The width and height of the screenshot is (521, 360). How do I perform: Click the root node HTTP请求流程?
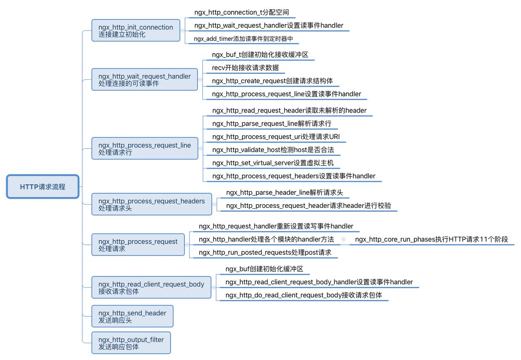(x=43, y=187)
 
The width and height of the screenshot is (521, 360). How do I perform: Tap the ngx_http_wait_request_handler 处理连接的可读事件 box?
(x=145, y=79)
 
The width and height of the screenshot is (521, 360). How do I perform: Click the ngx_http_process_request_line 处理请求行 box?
(x=145, y=148)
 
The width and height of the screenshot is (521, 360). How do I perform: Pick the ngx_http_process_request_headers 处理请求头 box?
(x=152, y=204)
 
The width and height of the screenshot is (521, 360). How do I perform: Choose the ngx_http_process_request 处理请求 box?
(x=138, y=244)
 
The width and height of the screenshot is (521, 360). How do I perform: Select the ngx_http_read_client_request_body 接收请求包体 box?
(x=151, y=287)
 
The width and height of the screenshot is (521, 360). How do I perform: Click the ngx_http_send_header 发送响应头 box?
(x=132, y=316)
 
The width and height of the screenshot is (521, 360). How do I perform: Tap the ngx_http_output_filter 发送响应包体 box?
(x=131, y=343)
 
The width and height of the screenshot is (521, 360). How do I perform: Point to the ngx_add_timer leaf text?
(x=243, y=39)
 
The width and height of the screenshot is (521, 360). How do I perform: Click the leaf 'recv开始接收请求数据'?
(x=245, y=68)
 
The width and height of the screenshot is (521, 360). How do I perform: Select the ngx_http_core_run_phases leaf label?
(x=432, y=239)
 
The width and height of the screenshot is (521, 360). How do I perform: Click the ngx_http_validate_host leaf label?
(x=273, y=150)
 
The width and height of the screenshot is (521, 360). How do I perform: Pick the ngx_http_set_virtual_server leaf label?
(x=273, y=163)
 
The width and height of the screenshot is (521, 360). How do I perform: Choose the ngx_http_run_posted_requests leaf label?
(x=265, y=252)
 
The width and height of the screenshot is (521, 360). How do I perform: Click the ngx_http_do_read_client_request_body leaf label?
(x=304, y=295)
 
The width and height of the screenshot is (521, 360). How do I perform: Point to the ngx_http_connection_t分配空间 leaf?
(x=242, y=13)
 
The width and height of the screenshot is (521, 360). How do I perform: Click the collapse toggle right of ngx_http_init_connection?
(x=182, y=31)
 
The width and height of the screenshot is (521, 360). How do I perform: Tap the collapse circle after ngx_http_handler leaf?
(x=343, y=239)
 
